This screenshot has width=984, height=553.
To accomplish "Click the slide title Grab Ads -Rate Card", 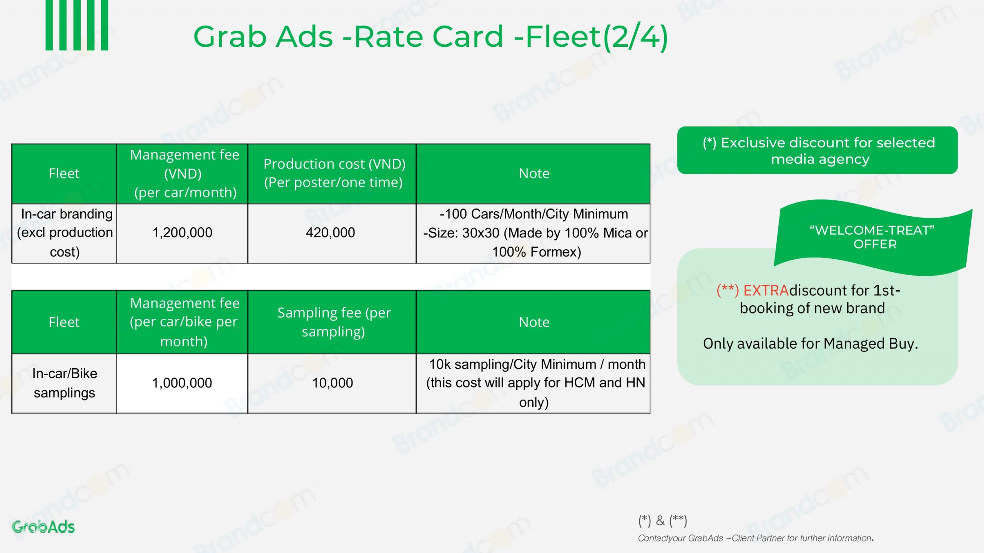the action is click(430, 37).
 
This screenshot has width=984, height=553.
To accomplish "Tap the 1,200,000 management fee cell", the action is click(182, 233).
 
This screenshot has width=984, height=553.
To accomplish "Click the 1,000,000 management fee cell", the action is click(182, 383).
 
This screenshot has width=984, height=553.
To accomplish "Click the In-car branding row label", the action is click(65, 233).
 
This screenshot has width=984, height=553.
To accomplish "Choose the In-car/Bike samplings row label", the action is click(65, 383).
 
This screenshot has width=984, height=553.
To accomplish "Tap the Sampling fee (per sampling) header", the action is click(334, 322).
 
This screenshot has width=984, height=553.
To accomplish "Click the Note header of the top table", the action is click(534, 174).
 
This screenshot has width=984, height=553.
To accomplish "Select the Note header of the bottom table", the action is click(534, 322).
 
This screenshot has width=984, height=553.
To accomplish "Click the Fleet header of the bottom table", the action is click(64, 322).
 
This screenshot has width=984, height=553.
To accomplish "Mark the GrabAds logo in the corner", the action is click(43, 527).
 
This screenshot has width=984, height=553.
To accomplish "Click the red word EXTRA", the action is click(766, 291).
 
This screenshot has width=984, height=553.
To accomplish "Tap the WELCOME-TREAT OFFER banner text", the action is click(872, 237).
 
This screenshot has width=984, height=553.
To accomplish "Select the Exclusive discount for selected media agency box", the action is click(817, 151).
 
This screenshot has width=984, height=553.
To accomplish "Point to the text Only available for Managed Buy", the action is click(810, 344).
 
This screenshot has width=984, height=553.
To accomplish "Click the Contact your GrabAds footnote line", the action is click(756, 538).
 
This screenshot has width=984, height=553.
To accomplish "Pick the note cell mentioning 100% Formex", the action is click(534, 233).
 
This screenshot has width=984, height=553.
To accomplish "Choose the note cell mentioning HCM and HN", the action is click(534, 383).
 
